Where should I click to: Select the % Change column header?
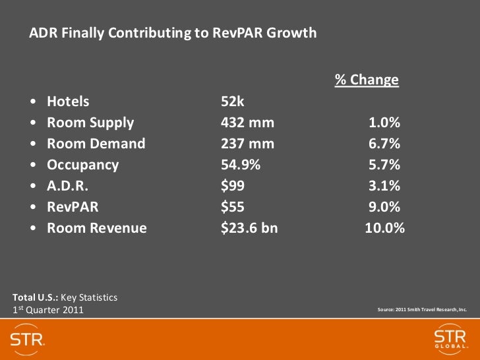[x=367, y=80]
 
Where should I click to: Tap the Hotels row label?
[x=68, y=102]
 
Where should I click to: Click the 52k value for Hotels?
[x=233, y=102]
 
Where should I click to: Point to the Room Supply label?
[x=90, y=123]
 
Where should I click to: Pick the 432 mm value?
[x=247, y=123]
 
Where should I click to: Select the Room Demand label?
[x=96, y=144]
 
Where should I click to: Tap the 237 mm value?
[x=247, y=144]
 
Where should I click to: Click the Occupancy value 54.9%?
[x=241, y=165]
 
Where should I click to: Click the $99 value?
[x=232, y=186]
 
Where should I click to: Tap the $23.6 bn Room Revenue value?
[x=249, y=228]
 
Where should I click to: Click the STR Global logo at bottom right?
[x=450, y=339]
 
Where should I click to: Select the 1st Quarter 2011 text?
[x=48, y=310]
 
